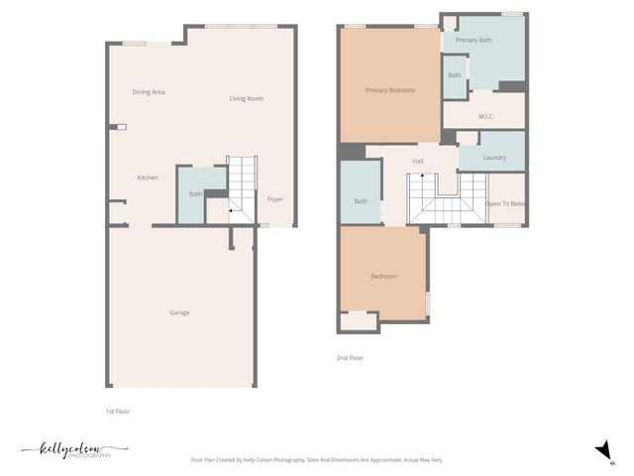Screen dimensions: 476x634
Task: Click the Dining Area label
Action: coord(149,92)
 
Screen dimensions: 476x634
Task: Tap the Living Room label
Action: coord(247,98)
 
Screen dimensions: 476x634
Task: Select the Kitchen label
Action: coord(148,178)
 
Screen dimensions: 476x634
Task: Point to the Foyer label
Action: coord(275,199)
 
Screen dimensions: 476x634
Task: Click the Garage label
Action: coord(179,312)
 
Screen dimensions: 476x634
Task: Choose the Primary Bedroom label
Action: coord(390,90)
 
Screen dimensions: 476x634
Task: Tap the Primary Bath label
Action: coord(474,40)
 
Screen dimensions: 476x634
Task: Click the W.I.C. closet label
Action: coord(486,117)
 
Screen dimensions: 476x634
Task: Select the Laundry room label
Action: coord(494,158)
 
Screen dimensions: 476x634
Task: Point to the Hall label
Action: coord(418,161)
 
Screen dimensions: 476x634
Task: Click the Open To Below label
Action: coord(505,203)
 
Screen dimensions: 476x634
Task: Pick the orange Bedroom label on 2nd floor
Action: coord(384,276)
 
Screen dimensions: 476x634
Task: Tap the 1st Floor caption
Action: coord(118,411)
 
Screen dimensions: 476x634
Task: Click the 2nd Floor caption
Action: coord(350,357)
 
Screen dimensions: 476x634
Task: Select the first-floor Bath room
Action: coord(195,194)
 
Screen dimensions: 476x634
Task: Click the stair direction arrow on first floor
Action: coord(232,210)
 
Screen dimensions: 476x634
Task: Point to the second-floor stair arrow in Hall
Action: coord(423,177)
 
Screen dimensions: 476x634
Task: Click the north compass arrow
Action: coord(601,451)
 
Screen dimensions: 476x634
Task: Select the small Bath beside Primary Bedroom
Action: coord(455,76)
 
